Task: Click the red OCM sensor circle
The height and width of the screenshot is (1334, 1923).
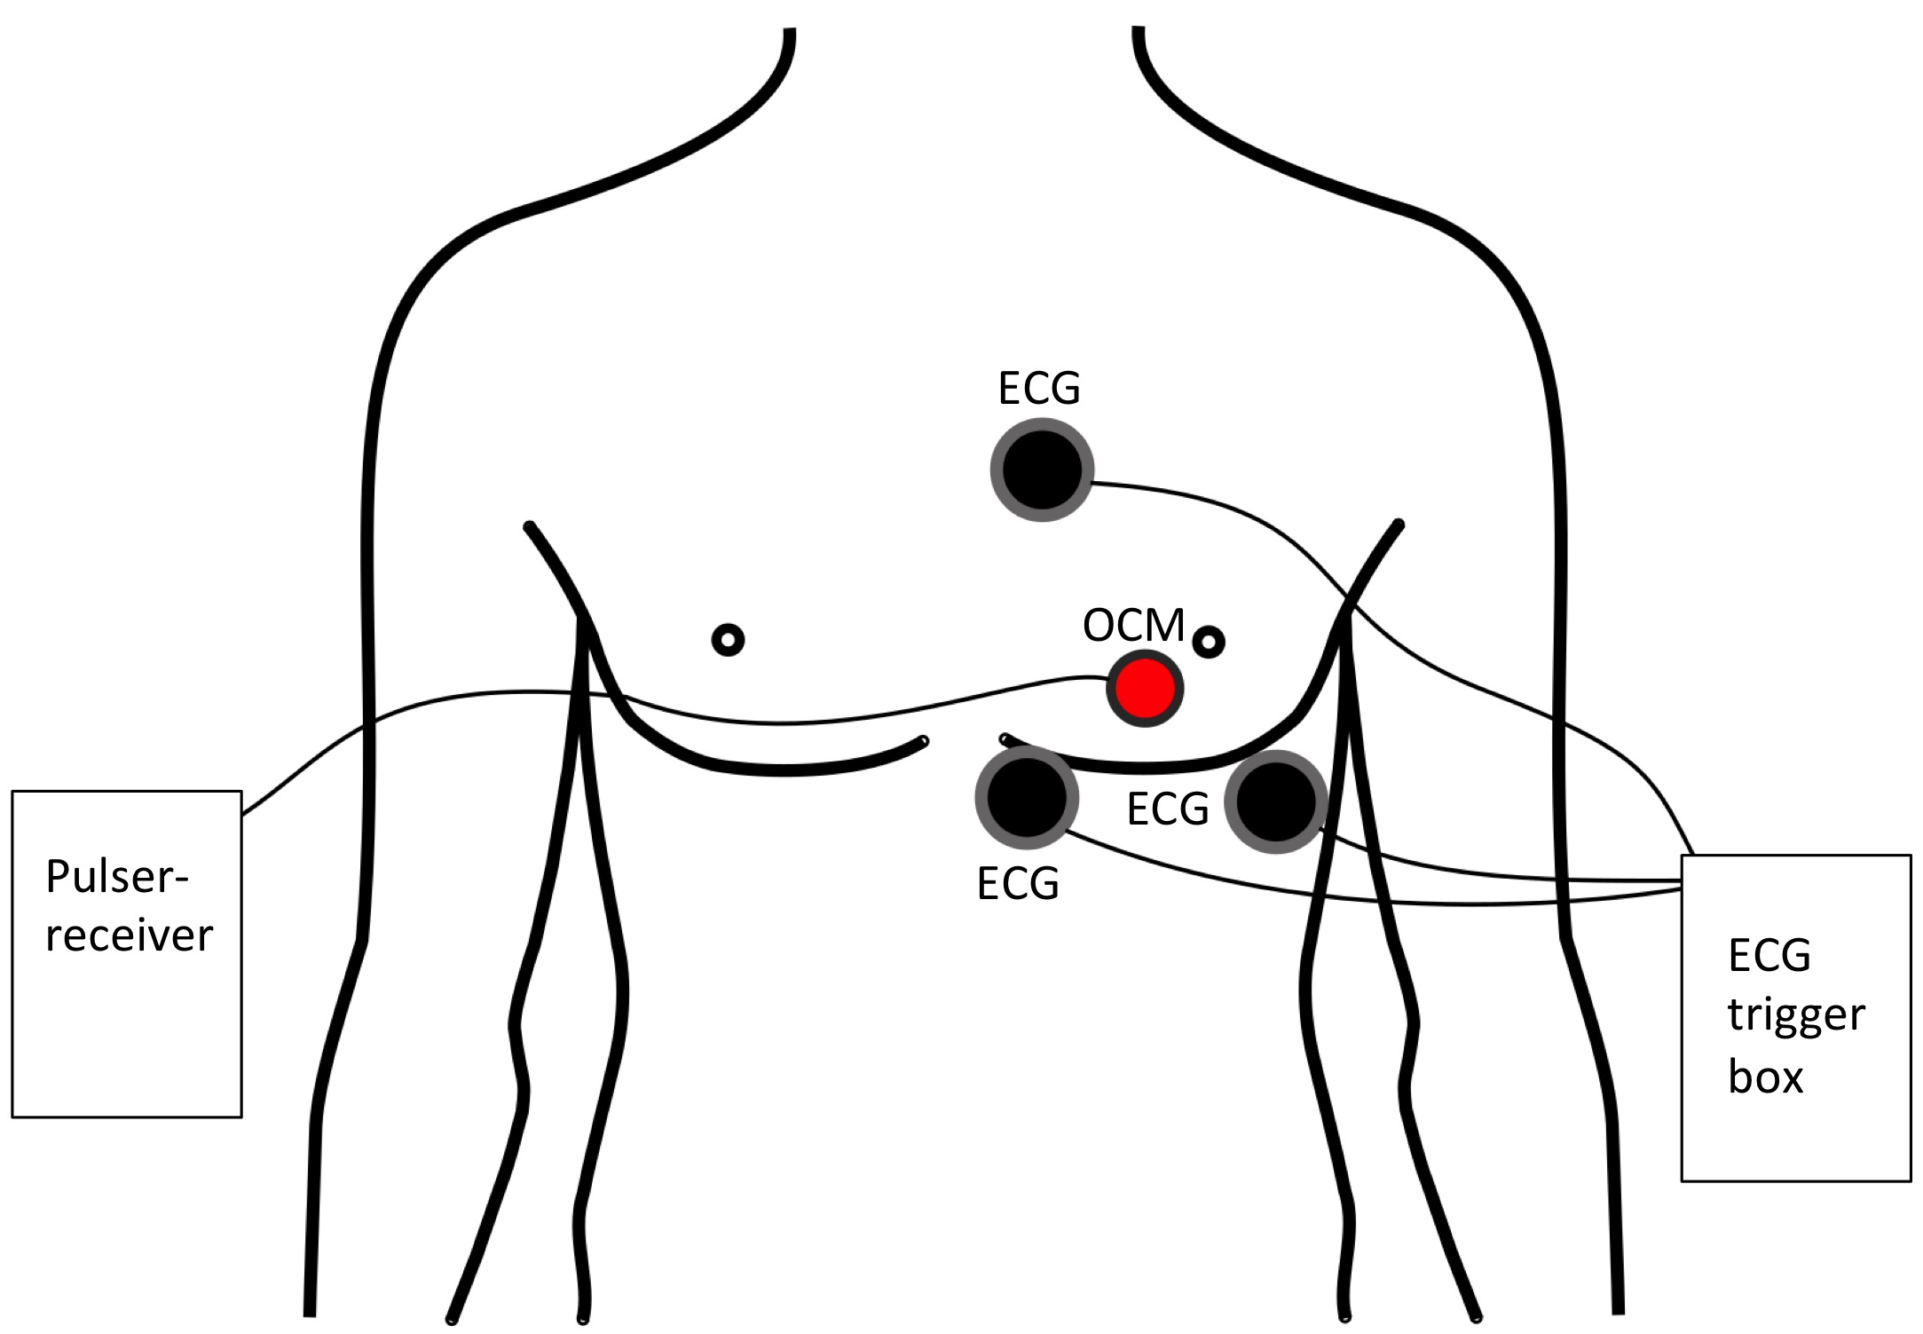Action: [1145, 689]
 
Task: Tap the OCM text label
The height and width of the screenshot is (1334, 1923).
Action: [1133, 626]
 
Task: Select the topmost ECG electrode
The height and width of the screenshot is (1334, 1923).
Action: [1041, 470]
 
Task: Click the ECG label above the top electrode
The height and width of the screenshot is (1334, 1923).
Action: [1039, 389]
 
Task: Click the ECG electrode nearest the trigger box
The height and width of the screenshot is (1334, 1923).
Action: [1275, 801]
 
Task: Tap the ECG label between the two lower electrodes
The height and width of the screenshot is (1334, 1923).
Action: [1167, 809]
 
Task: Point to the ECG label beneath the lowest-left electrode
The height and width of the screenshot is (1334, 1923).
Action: [1018, 884]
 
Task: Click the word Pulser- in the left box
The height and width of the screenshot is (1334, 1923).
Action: [117, 877]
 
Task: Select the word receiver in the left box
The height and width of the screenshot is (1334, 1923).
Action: [130, 936]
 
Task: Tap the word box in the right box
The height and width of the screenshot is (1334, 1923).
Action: [1765, 1077]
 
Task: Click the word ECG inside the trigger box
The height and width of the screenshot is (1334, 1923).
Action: [1769, 956]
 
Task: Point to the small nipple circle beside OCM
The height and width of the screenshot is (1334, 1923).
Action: [1209, 642]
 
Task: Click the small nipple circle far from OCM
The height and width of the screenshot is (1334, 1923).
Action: [729, 639]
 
